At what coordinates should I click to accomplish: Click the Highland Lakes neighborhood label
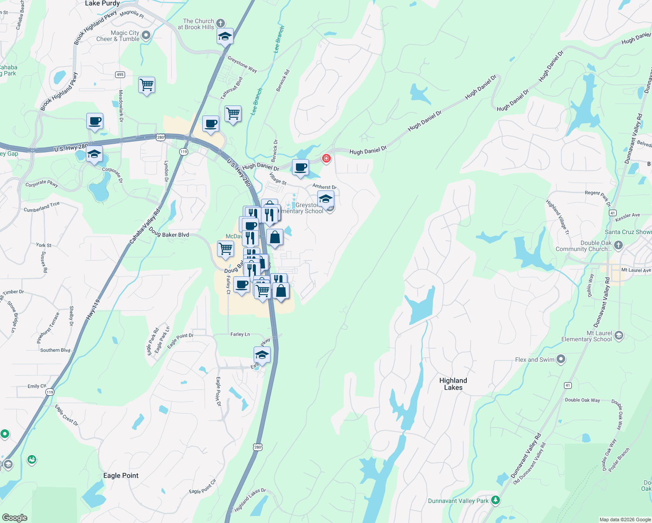453,384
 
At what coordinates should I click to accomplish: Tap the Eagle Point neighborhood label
121,475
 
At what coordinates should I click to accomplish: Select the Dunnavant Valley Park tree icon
495,500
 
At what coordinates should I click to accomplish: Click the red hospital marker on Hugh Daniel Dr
326,158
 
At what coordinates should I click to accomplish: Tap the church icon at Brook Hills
221,23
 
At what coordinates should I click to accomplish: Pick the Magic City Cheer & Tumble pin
146,35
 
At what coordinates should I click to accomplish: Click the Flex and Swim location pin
561,359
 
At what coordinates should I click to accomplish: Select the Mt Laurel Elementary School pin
618,336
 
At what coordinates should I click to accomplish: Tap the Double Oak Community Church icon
618,245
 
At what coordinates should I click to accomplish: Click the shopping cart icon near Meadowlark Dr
147,85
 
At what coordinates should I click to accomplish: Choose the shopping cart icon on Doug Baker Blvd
225,249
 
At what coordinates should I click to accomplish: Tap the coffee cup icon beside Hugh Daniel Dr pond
300,167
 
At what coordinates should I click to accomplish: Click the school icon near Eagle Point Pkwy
262,355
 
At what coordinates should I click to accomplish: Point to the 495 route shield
120,75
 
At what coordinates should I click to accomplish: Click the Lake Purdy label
102,3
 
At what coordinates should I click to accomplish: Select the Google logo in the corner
14,518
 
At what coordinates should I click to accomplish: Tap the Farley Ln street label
240,334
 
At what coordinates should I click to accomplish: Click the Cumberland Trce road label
42,207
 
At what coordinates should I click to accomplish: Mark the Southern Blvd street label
55,350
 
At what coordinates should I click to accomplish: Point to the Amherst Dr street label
324,187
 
